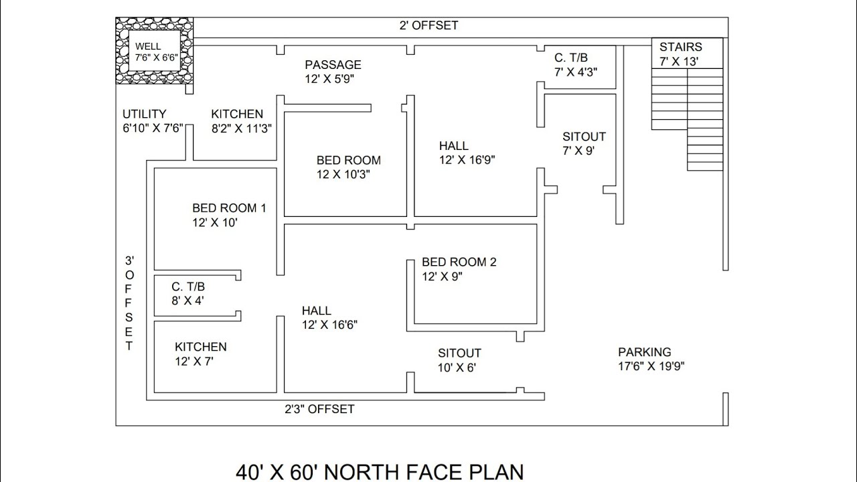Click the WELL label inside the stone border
pos(148,46)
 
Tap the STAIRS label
pos(681,47)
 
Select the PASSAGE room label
pos(333,65)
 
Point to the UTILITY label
pos(144,114)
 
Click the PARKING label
pos(645,352)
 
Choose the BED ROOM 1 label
pos(229,208)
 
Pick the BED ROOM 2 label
pos(459,262)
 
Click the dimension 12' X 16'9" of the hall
pos(467,160)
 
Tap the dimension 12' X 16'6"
pos(329,325)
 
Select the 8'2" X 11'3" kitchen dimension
pos(242,129)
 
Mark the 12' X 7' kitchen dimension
pos(194,361)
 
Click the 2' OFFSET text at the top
pos(428,25)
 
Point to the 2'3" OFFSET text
pos(319,409)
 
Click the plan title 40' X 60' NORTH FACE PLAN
pos(380,472)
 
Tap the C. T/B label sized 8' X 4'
pos(188,287)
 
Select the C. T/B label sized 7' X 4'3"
pos(571,58)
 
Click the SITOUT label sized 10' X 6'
pos(459,353)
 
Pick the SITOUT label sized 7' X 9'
pos(584,137)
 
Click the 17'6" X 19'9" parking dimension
pos(651,366)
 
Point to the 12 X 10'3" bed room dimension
pos(343,175)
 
